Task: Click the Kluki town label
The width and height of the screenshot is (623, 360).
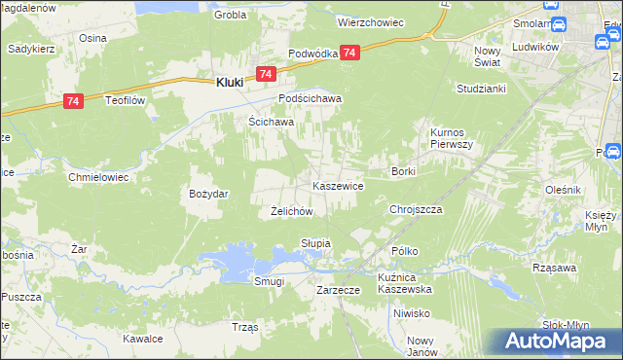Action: (x=230, y=84)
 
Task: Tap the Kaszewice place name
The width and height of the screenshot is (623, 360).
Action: (x=338, y=185)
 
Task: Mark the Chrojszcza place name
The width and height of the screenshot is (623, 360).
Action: (x=416, y=209)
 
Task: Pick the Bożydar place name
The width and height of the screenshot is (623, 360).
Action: (x=208, y=194)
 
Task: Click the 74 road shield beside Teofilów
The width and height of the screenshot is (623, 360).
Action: (x=72, y=100)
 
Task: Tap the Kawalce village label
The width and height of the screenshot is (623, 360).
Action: (x=142, y=339)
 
